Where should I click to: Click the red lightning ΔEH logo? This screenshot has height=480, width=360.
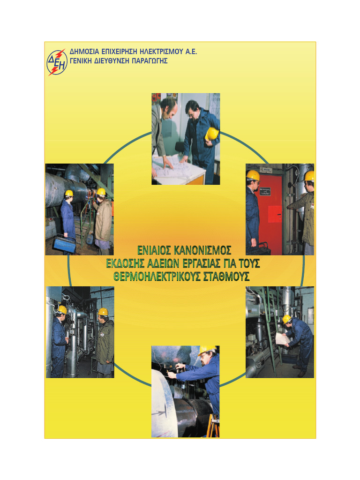pos(57,62)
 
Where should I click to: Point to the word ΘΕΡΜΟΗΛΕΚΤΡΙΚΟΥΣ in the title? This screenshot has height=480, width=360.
pos(157,277)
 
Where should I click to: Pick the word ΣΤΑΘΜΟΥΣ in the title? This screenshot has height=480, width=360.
pos(225,277)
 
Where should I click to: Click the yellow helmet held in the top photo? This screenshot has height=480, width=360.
pos(212,134)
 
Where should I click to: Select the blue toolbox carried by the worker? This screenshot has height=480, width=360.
pos(65,243)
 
